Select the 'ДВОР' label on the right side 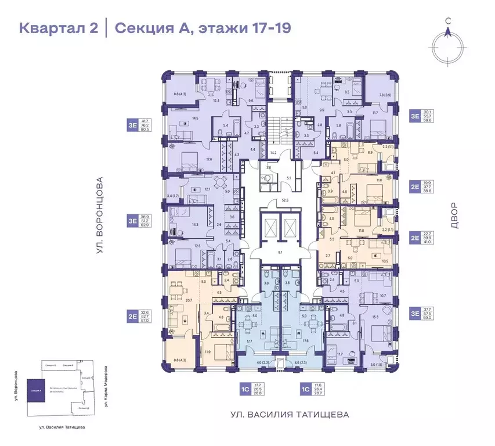click(453, 216)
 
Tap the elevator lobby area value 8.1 click(280, 252)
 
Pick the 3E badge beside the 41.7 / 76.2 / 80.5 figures click(133, 123)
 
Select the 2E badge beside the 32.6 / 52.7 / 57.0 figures click(133, 316)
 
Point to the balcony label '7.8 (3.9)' click(385, 95)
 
